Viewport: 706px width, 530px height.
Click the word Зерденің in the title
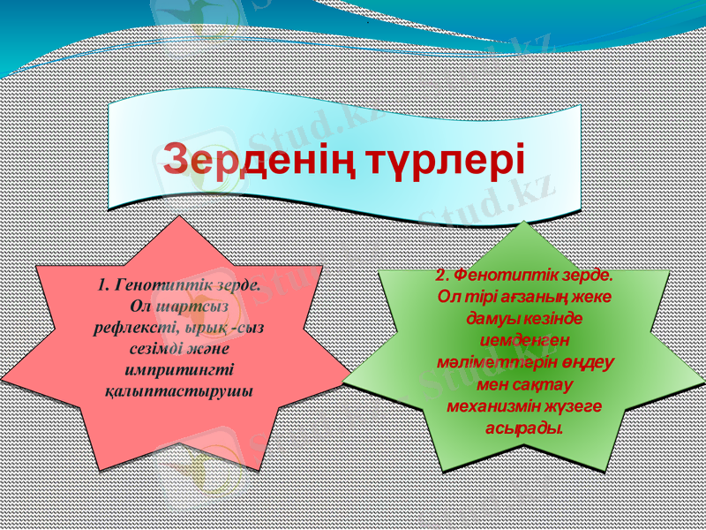click(x=259, y=160)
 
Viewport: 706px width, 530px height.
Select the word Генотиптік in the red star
click(x=160, y=285)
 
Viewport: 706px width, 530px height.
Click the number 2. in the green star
click(x=444, y=275)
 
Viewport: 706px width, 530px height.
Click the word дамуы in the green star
click(x=491, y=317)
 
